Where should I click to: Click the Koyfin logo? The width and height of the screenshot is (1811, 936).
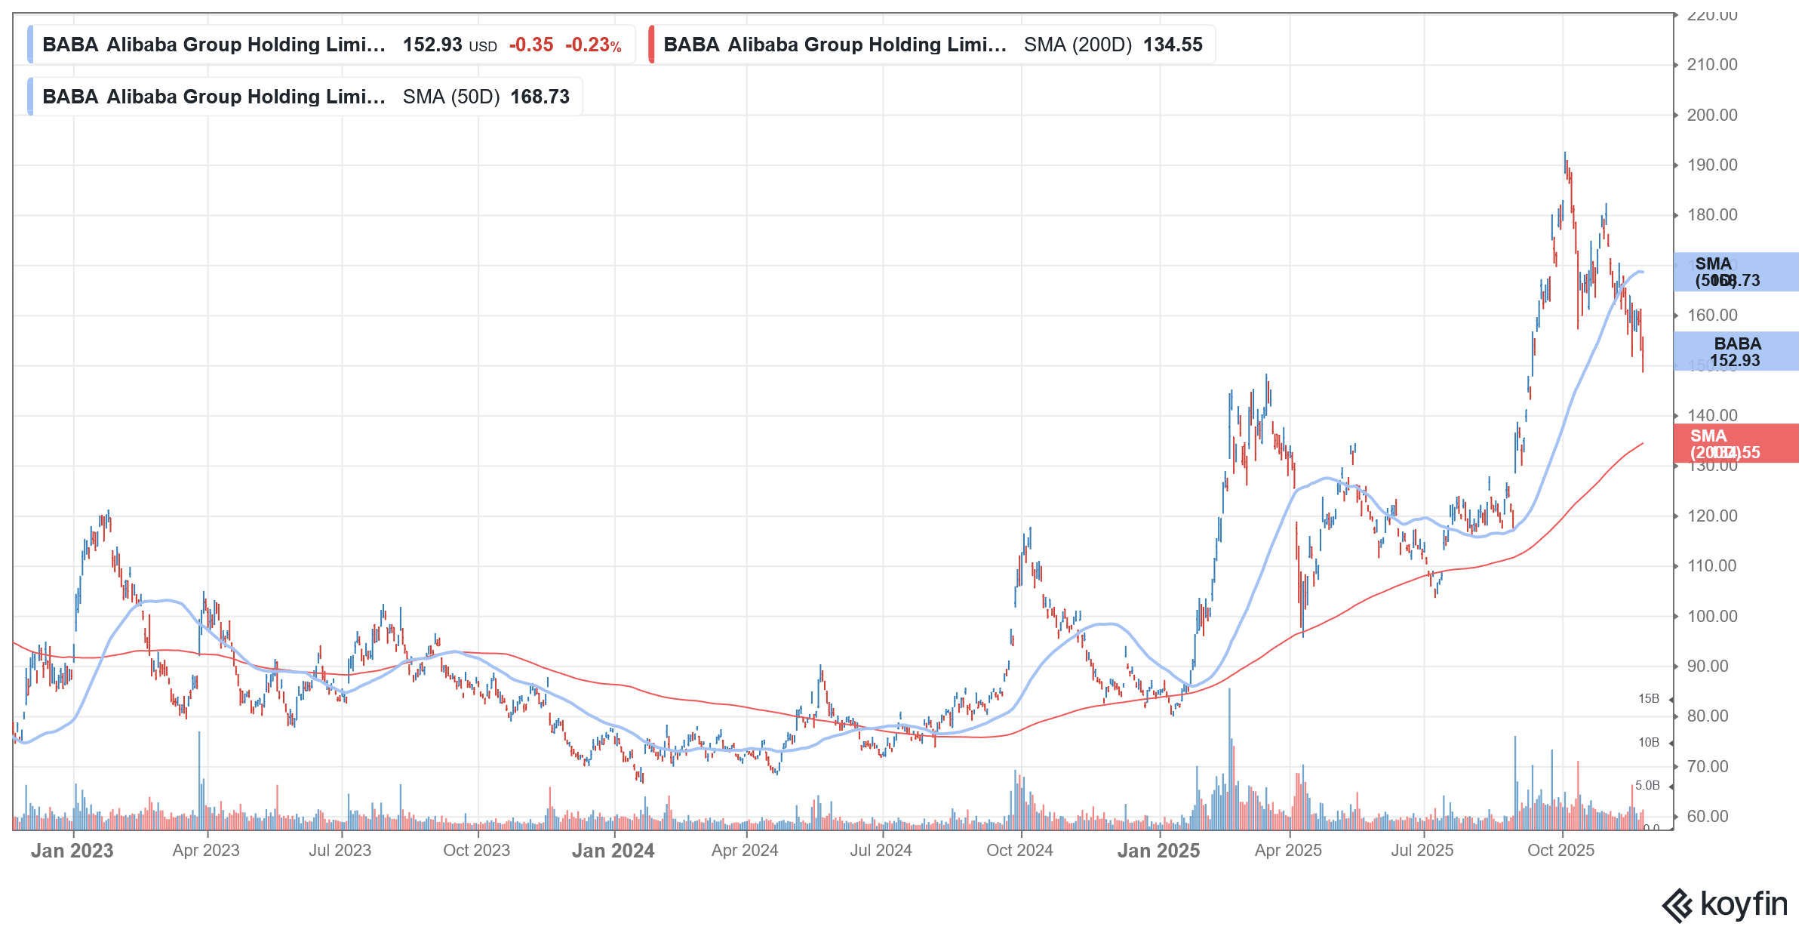tap(1724, 905)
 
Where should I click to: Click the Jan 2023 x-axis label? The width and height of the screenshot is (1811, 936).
tap(72, 851)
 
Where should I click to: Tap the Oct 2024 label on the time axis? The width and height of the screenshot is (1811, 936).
tap(1019, 851)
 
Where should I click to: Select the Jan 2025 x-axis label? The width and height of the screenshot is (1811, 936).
tap(1158, 851)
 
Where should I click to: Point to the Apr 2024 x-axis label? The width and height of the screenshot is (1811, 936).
tap(745, 851)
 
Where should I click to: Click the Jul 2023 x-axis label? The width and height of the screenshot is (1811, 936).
tap(340, 851)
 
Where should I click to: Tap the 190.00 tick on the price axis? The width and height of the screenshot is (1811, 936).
tap(1712, 165)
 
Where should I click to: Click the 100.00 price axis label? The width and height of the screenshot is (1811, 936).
tap(1712, 617)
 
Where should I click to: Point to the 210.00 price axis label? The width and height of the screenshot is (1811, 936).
tap(1712, 65)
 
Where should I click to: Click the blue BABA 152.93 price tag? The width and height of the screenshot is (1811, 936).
tap(1736, 352)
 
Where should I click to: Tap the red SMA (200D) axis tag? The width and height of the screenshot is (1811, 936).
tap(1736, 444)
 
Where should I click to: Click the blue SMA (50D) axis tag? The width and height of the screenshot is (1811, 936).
tap(1736, 272)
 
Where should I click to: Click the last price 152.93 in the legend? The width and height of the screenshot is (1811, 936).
tap(432, 45)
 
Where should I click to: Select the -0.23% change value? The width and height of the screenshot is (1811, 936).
tap(593, 45)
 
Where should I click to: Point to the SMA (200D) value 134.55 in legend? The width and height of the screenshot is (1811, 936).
tap(1173, 45)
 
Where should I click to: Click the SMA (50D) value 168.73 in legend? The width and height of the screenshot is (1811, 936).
tap(540, 97)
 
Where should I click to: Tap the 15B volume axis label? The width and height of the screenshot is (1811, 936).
tap(1649, 699)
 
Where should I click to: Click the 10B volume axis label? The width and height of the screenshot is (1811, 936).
tap(1649, 743)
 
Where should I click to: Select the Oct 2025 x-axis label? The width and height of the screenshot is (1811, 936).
tap(1560, 851)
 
